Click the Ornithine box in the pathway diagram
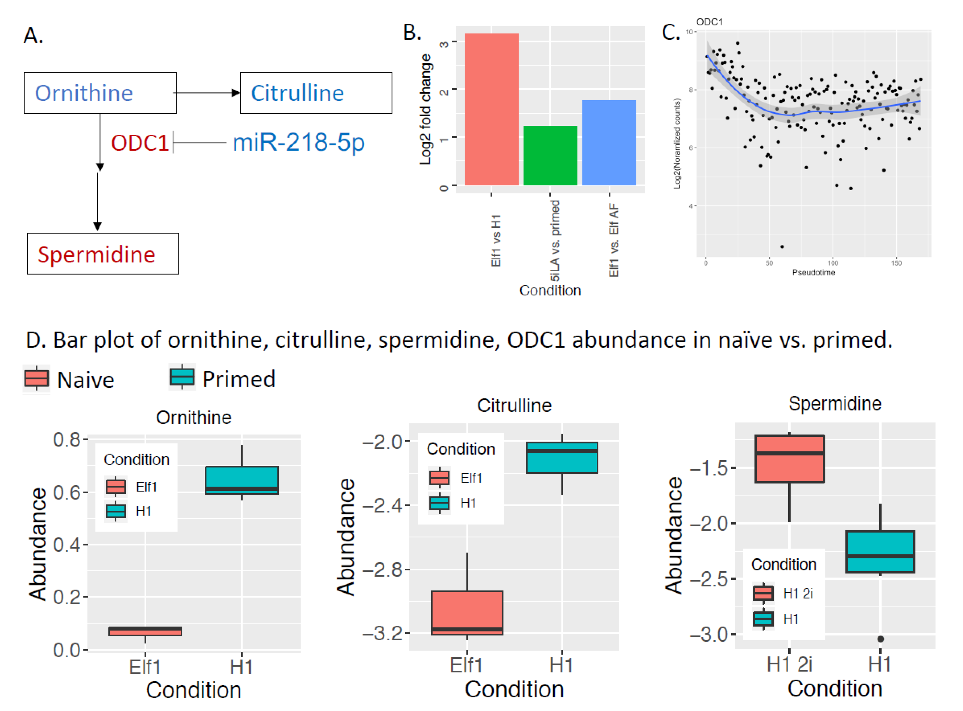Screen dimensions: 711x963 100,93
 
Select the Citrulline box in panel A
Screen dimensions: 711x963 316,93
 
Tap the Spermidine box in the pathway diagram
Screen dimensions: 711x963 103,254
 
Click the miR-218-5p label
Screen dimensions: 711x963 298,142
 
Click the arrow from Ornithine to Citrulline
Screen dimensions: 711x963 207,93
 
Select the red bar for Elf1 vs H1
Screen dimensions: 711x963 491,109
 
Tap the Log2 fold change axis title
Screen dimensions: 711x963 425,109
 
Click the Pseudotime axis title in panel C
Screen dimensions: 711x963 813,272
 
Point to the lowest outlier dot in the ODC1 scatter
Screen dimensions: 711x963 782,247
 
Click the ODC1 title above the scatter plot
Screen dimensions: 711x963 709,22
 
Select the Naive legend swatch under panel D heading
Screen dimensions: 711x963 36,378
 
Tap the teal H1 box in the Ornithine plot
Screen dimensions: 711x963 242,480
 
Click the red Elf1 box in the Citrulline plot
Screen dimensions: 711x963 467,612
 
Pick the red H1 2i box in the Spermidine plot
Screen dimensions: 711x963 789,459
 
